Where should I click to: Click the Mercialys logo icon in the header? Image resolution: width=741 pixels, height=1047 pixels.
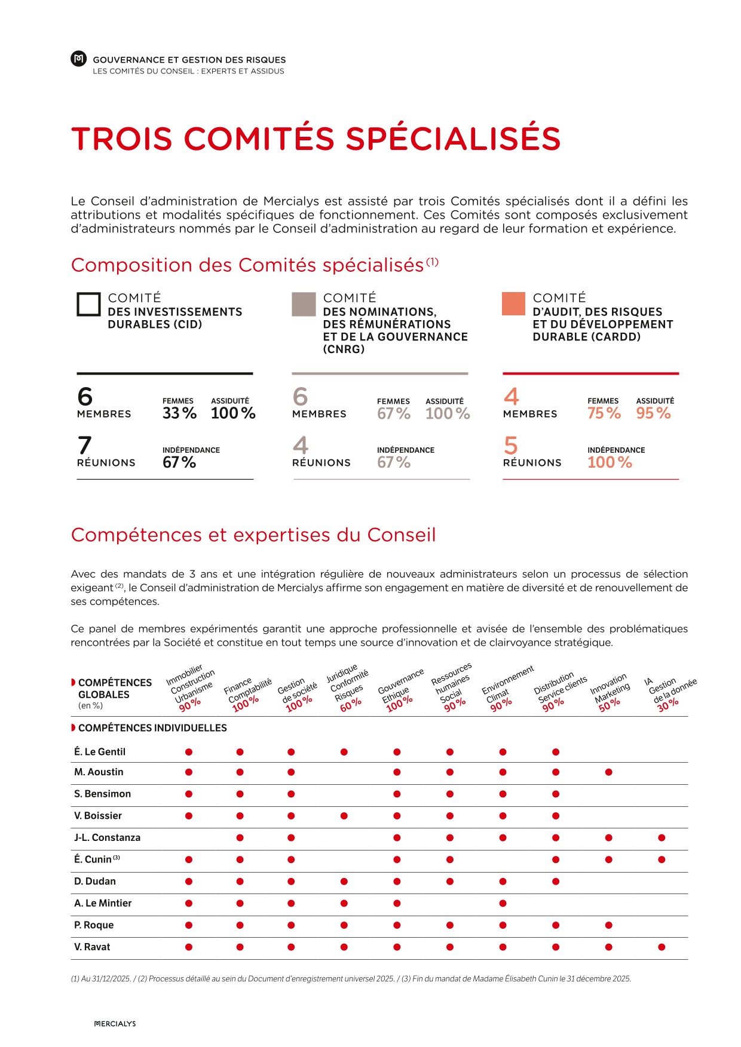78,59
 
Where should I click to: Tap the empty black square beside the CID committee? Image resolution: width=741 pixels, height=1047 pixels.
88,304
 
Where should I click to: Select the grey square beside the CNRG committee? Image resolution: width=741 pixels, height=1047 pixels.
304,304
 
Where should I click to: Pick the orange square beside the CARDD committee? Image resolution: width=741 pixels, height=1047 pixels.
513,304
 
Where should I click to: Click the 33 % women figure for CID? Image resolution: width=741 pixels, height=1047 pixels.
179,413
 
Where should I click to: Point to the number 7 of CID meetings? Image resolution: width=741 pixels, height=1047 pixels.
85,446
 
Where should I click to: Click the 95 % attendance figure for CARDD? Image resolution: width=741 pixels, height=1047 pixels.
653,413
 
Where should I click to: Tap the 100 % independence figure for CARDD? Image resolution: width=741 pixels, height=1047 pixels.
610,462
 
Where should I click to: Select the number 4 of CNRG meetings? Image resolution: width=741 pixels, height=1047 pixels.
301,446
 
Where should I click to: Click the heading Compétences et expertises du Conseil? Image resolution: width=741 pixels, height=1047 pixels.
253,535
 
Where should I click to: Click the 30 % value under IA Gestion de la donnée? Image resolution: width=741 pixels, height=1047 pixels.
668,705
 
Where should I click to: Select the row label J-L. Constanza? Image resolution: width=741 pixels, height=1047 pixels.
108,837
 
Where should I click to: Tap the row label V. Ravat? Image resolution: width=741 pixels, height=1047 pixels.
93,947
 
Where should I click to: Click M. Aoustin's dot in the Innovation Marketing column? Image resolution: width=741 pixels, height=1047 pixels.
608,772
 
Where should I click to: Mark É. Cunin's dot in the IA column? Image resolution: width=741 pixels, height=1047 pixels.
662,859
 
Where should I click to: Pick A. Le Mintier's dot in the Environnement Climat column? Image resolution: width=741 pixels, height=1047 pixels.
503,903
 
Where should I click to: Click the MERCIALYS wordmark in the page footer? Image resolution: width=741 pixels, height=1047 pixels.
115,1024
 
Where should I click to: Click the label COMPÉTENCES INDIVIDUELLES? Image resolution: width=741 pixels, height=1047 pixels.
152,728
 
